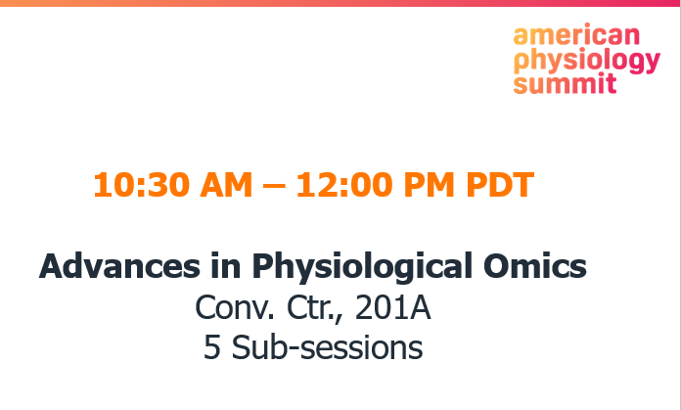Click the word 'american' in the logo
pyautogui.click(x=576, y=38)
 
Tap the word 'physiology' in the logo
pyautogui.click(x=587, y=62)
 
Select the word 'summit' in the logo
pyautogui.click(x=566, y=83)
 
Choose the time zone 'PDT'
pyautogui.click(x=492, y=185)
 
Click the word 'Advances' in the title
pyautogui.click(x=106, y=266)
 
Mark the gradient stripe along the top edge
pyautogui.click(x=340, y=3)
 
